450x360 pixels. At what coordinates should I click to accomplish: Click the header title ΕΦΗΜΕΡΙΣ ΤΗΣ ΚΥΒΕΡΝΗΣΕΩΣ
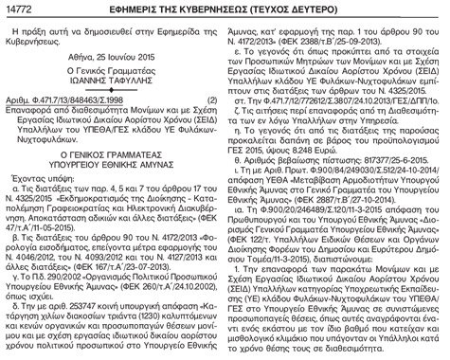pyautogui.click(x=223, y=9)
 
